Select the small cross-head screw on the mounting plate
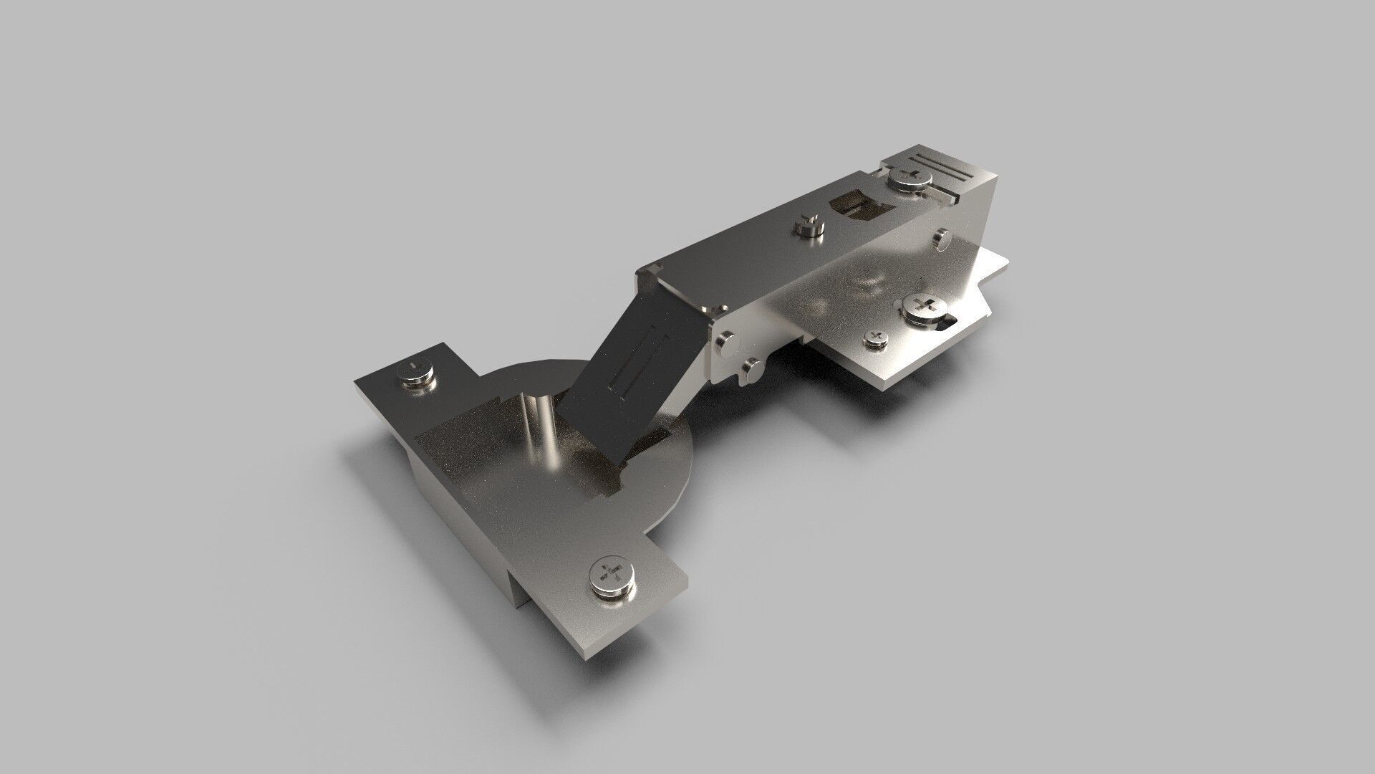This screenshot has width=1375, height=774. (x=875, y=338)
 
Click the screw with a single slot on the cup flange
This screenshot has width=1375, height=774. (x=416, y=374)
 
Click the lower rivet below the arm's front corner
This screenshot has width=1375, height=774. (x=750, y=371)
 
